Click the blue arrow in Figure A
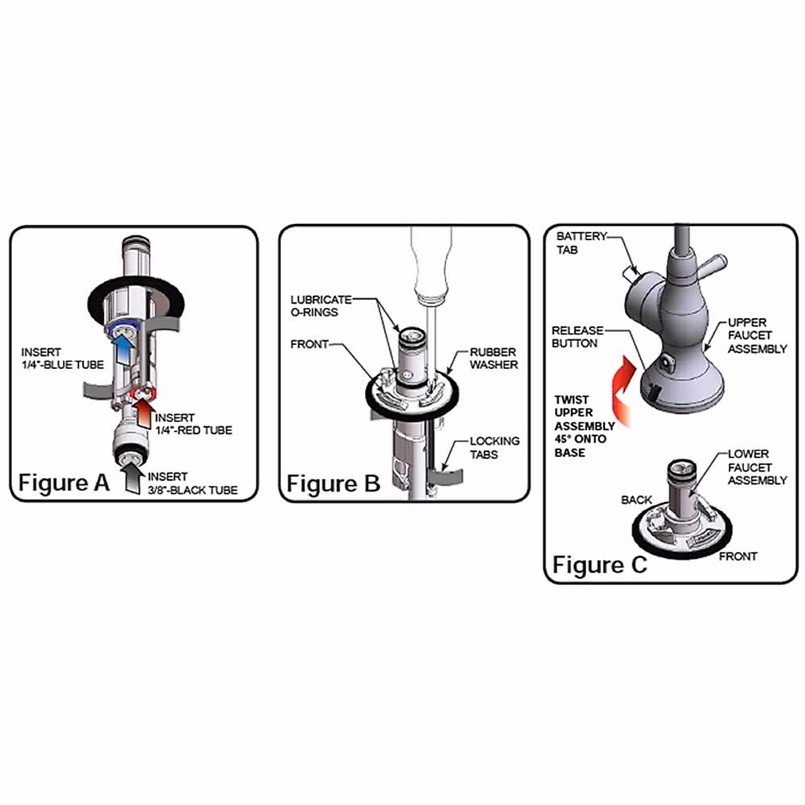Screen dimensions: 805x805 (123, 347)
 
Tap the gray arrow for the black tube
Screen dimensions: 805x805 (134, 479)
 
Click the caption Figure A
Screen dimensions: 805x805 (64, 483)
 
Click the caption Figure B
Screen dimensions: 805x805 (333, 484)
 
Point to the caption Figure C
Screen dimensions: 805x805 (600, 565)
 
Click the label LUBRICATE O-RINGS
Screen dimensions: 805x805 (320, 306)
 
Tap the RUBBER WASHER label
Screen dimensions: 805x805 (493, 358)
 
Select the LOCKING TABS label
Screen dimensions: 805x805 (494, 447)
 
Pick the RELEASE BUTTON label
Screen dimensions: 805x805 (577, 337)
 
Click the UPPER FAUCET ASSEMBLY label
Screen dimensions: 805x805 (757, 335)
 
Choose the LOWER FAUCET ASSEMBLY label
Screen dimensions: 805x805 (757, 467)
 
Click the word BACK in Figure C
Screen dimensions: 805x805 (636, 500)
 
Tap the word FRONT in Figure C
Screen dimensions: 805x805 (738, 556)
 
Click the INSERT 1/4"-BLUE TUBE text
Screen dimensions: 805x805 (62, 358)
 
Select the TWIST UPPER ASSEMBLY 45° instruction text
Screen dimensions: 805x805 (584, 426)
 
